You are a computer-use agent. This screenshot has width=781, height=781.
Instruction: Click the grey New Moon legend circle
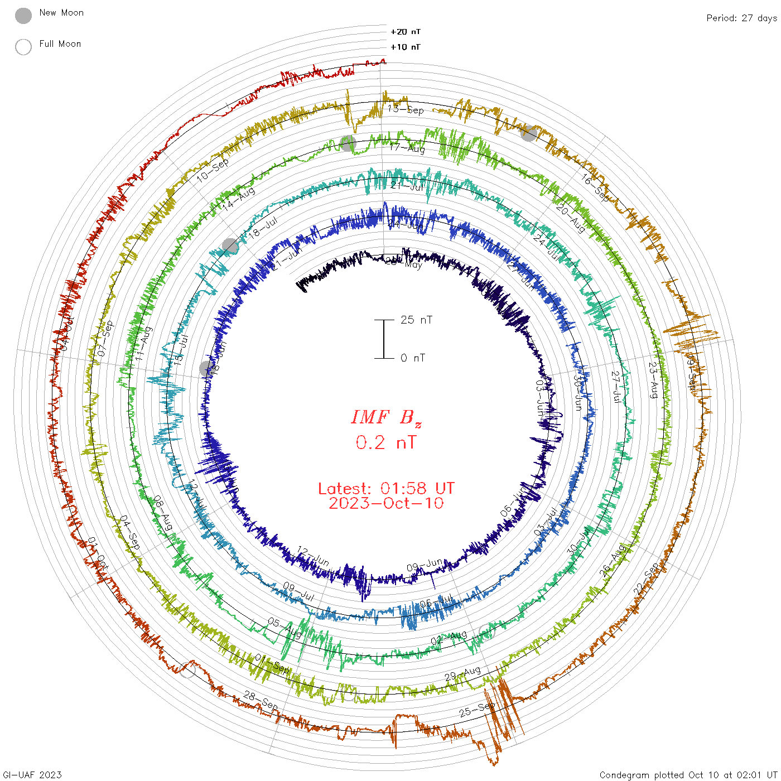click(23, 16)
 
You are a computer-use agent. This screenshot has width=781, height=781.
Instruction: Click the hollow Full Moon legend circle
click(23, 47)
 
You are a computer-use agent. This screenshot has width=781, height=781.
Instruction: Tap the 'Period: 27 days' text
click(741, 18)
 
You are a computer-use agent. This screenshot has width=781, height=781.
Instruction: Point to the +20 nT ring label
click(406, 32)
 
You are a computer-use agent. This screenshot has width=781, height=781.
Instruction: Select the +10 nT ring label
click(406, 47)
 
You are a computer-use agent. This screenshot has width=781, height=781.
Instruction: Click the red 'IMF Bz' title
click(386, 417)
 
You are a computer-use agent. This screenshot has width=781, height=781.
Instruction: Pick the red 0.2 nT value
click(386, 442)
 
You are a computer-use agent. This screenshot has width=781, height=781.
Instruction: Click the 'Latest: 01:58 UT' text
click(386, 489)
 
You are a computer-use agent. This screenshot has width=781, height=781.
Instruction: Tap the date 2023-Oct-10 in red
click(386, 503)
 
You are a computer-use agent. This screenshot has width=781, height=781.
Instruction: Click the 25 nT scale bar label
click(416, 320)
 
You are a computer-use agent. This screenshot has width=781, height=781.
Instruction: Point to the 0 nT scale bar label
click(413, 358)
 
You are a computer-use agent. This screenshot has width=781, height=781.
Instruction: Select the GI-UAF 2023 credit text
click(32, 775)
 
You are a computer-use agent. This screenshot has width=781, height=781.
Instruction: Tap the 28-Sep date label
click(261, 701)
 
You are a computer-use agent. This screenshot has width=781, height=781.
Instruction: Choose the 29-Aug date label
click(462, 673)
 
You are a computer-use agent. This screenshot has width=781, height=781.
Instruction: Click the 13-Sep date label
click(406, 109)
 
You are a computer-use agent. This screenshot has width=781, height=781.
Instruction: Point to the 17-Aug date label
click(407, 148)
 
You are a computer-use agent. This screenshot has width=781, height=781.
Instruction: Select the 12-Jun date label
click(313, 556)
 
